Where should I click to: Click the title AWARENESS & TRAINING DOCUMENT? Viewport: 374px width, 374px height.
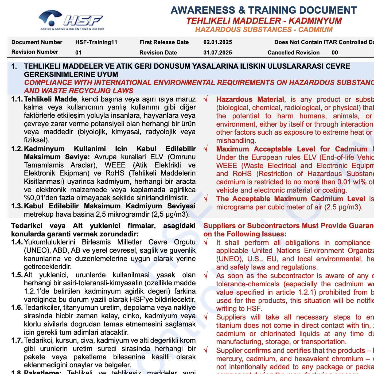[x=263, y=10]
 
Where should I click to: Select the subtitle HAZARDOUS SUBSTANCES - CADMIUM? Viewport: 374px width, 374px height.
[x=264, y=29]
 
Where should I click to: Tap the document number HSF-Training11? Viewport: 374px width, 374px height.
[x=96, y=42]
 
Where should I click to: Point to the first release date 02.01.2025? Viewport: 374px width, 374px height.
[x=217, y=42]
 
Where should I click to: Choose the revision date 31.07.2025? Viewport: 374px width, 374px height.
[x=217, y=53]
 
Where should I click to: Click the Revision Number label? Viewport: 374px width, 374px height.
[x=35, y=52]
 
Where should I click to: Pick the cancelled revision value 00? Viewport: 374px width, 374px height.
[x=335, y=53]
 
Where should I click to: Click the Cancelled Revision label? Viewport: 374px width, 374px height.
[x=293, y=53]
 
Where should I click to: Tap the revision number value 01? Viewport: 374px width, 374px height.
[x=78, y=53]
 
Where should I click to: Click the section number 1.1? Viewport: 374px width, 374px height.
[x=17, y=99]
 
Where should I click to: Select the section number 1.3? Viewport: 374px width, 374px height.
[x=17, y=206]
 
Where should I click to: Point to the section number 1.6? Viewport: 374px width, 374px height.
[x=17, y=308]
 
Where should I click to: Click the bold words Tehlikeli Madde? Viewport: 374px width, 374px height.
[x=50, y=99]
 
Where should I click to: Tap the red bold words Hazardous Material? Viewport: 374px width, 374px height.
[x=250, y=100]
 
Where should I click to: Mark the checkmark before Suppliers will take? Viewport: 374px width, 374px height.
[x=206, y=317]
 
